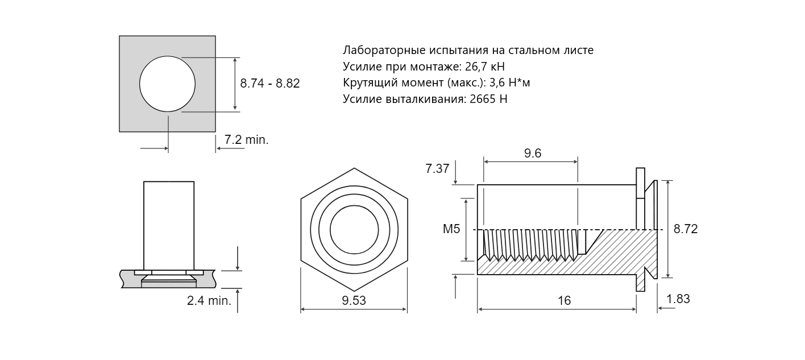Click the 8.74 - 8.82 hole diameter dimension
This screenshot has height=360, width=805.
(x=270, y=84)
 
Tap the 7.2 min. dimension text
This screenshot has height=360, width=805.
(x=247, y=139)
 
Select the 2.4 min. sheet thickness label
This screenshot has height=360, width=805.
(x=209, y=300)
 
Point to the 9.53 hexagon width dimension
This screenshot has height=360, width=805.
(x=354, y=300)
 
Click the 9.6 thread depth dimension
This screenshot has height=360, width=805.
(x=533, y=153)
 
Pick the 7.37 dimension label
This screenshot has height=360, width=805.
(x=437, y=168)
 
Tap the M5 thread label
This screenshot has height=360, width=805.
(x=451, y=229)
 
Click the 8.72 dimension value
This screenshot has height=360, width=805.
(x=686, y=229)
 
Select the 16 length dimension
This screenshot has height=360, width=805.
(x=564, y=300)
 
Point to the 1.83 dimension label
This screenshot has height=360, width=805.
(x=678, y=299)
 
